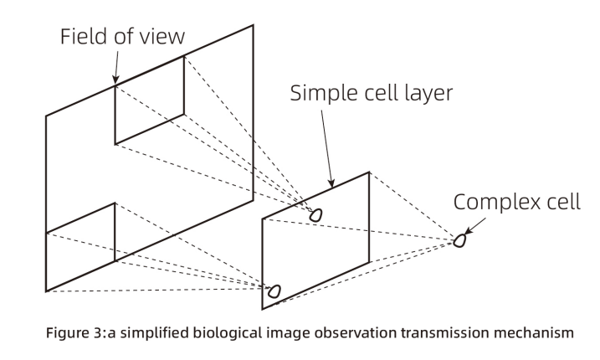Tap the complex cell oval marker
click(459, 241)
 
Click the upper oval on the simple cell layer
click(316, 215)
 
